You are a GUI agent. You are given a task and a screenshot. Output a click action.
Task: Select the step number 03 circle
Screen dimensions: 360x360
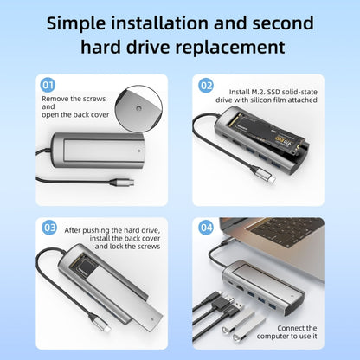click(x=49, y=228)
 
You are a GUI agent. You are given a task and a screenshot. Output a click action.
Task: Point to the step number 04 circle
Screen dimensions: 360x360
click(x=206, y=229)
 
